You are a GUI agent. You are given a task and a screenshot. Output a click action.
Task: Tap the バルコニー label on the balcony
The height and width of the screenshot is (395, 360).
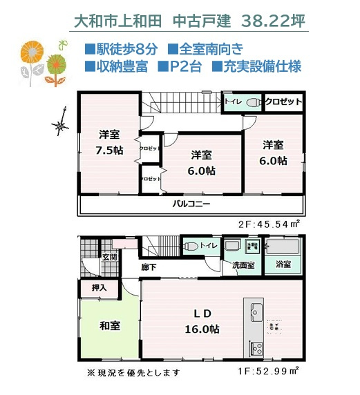tap(191, 205)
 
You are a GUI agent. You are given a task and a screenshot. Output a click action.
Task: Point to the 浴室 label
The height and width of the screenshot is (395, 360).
tap(283, 264)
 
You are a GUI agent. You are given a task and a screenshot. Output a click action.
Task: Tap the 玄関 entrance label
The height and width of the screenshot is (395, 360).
tap(110, 257)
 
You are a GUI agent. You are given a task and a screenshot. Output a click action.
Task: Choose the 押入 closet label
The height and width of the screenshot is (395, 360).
tap(100, 287)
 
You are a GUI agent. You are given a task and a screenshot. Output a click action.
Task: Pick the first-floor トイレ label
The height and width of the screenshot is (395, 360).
tap(208, 246)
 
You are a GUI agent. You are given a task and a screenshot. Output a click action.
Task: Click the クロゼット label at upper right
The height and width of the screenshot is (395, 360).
tap(283, 102)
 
